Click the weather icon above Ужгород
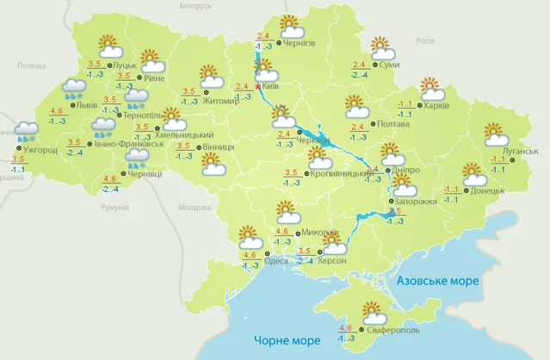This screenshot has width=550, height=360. pos(26,132)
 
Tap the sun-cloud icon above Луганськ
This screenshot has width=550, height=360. pos(497,133)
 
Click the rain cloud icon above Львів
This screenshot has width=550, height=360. pos(76,89)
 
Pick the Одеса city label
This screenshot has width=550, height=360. pos(276,261)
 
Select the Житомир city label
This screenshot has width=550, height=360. pos(221,101)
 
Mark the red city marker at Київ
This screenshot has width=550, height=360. pos(257,86)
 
